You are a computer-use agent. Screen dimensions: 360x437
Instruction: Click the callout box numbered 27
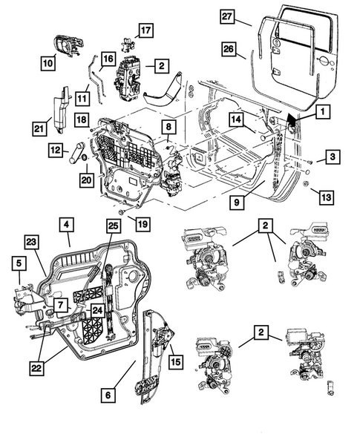coord(226,17)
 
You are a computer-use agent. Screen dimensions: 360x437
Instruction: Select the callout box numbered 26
coord(229,49)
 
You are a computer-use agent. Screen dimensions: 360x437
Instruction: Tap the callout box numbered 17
coord(145,30)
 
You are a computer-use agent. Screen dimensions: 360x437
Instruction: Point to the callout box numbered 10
coord(48,63)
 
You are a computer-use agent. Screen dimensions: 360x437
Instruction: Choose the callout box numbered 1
coord(323,112)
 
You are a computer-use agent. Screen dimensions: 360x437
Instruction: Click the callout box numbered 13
coord(327,197)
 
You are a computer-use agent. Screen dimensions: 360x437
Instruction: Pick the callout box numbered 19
coord(143,224)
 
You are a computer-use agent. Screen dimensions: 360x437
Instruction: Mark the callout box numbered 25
coord(114,226)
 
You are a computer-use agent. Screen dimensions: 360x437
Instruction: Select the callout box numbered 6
coord(108,395)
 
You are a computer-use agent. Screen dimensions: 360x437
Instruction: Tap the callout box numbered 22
coord(36,368)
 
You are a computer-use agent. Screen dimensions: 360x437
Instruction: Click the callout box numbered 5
coord(19,263)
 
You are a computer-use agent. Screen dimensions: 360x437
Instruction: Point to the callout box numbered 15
coord(176,361)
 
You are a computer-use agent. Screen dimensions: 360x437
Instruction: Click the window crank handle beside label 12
coord(76,153)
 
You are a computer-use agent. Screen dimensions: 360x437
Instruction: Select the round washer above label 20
coord(84,158)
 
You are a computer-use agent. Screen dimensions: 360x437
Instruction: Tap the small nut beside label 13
coord(306,184)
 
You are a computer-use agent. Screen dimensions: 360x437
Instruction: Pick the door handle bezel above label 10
coord(68,45)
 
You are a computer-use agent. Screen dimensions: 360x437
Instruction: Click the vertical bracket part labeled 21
coord(62,109)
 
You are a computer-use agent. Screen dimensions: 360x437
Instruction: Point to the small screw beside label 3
coord(310,162)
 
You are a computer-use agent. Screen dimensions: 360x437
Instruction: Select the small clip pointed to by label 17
coord(128,45)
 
